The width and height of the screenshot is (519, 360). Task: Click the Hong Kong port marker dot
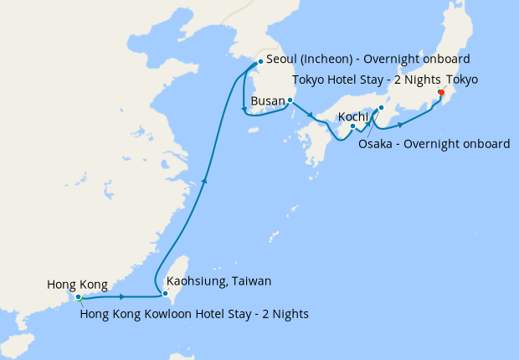(78, 296)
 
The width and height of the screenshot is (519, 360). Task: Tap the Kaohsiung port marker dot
(166, 294)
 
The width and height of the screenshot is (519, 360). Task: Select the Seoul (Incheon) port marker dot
(260, 61)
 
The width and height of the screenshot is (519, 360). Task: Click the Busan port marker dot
(289, 100)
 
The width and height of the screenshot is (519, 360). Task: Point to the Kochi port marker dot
(353, 126)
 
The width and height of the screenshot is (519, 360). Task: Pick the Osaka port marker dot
(381, 108)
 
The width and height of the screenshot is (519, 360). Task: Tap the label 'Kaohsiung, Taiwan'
(219, 281)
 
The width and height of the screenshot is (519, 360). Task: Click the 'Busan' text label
(267, 100)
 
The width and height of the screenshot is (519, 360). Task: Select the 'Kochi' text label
(353, 116)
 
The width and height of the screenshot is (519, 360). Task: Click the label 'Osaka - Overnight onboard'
(434, 144)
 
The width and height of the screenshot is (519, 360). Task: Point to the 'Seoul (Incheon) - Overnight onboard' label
(367, 59)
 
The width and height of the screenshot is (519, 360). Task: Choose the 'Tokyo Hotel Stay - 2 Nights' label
(367, 80)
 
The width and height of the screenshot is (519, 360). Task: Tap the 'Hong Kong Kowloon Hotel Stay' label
(194, 314)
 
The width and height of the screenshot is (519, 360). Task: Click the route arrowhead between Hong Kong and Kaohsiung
(123, 297)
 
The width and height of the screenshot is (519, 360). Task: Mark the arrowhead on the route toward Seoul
(204, 179)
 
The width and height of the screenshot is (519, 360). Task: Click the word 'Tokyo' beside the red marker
(463, 80)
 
